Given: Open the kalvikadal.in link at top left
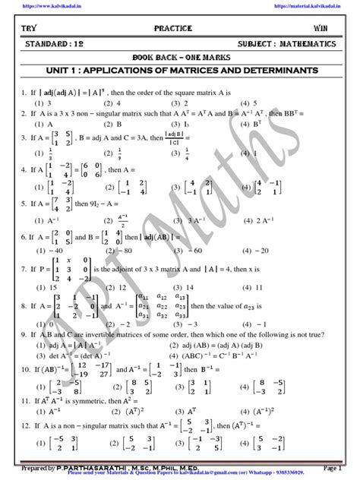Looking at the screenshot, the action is pyautogui.click(x=35, y=5).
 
